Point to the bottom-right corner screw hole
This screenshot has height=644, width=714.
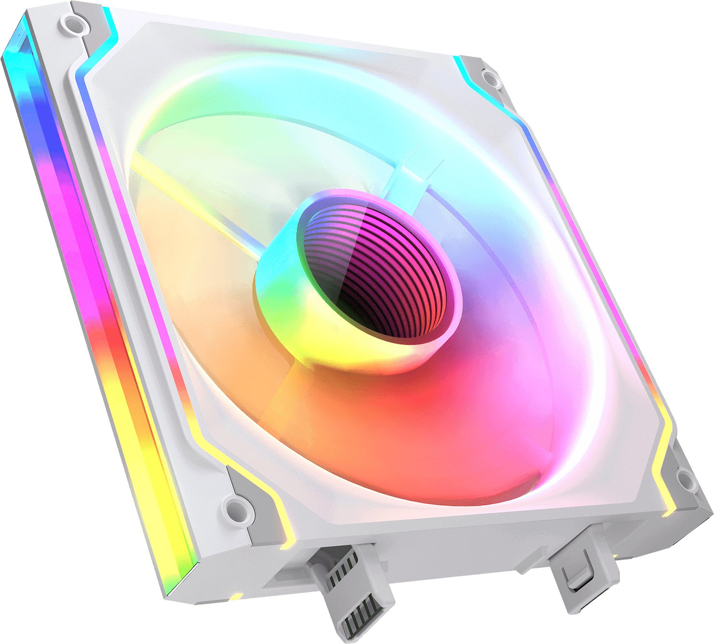coord(684,479)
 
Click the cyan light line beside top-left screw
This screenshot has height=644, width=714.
coord(107,29)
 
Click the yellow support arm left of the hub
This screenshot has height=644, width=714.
coord(193,202)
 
